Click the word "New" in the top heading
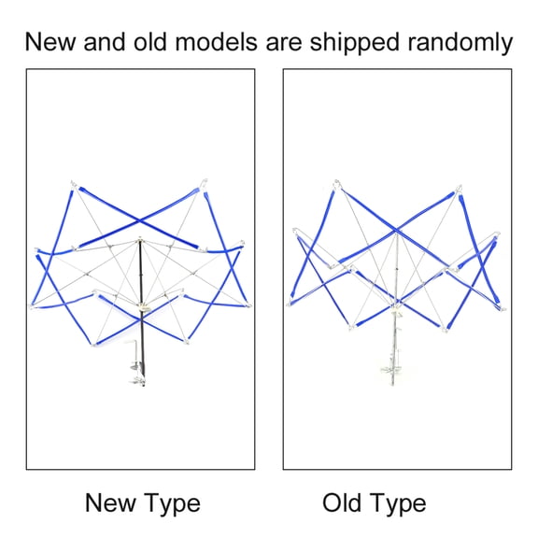(x=50, y=41)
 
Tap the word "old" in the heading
(x=150, y=41)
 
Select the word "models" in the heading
(x=216, y=41)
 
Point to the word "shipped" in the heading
(x=354, y=43)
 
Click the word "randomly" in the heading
(x=460, y=43)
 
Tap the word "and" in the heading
(x=105, y=41)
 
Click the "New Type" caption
(x=142, y=503)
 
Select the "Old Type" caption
(x=374, y=503)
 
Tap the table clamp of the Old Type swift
(x=391, y=370)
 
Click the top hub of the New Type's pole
(x=140, y=239)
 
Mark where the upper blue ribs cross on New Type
(x=139, y=221)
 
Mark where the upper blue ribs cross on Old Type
(x=396, y=230)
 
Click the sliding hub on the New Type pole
(x=142, y=307)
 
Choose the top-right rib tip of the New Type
(x=205, y=181)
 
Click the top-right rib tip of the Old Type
(x=459, y=188)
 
